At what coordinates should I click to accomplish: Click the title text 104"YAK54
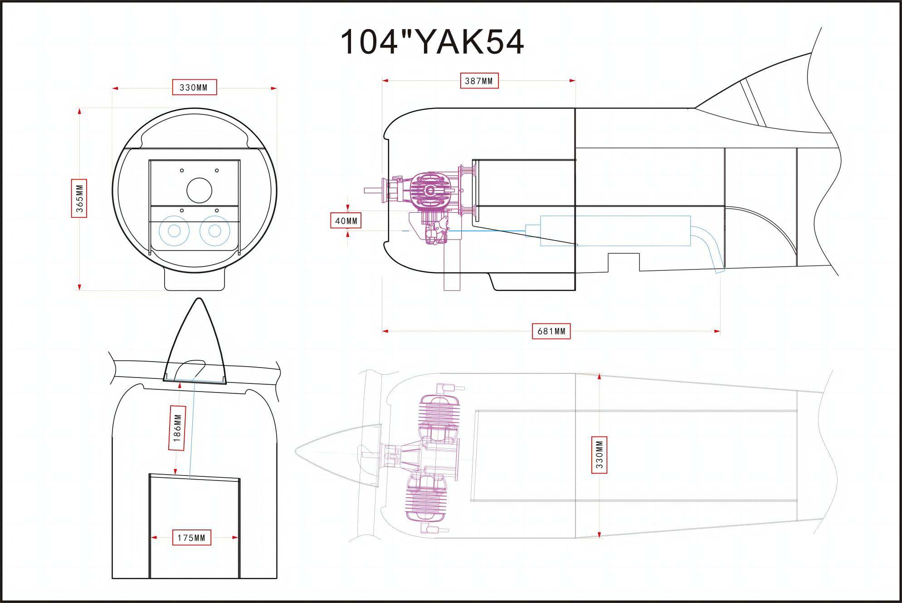coord(432,42)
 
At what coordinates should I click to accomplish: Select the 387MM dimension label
coord(479,81)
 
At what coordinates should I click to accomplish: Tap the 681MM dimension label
coord(551,331)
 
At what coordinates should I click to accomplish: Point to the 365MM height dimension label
coord(79,199)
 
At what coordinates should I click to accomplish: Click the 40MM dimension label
coord(346,221)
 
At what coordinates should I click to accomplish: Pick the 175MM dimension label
coord(191,538)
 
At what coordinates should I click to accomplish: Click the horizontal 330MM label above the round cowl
coord(194,88)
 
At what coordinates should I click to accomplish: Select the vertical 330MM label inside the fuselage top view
coord(599,455)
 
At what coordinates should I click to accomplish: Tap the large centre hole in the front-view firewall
coord(199,190)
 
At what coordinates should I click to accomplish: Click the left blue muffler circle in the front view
coord(174,231)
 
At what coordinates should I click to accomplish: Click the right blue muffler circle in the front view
coord(215,231)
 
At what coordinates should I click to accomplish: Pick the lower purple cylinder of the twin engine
coord(429,497)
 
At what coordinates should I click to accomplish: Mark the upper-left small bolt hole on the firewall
coord(182,171)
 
